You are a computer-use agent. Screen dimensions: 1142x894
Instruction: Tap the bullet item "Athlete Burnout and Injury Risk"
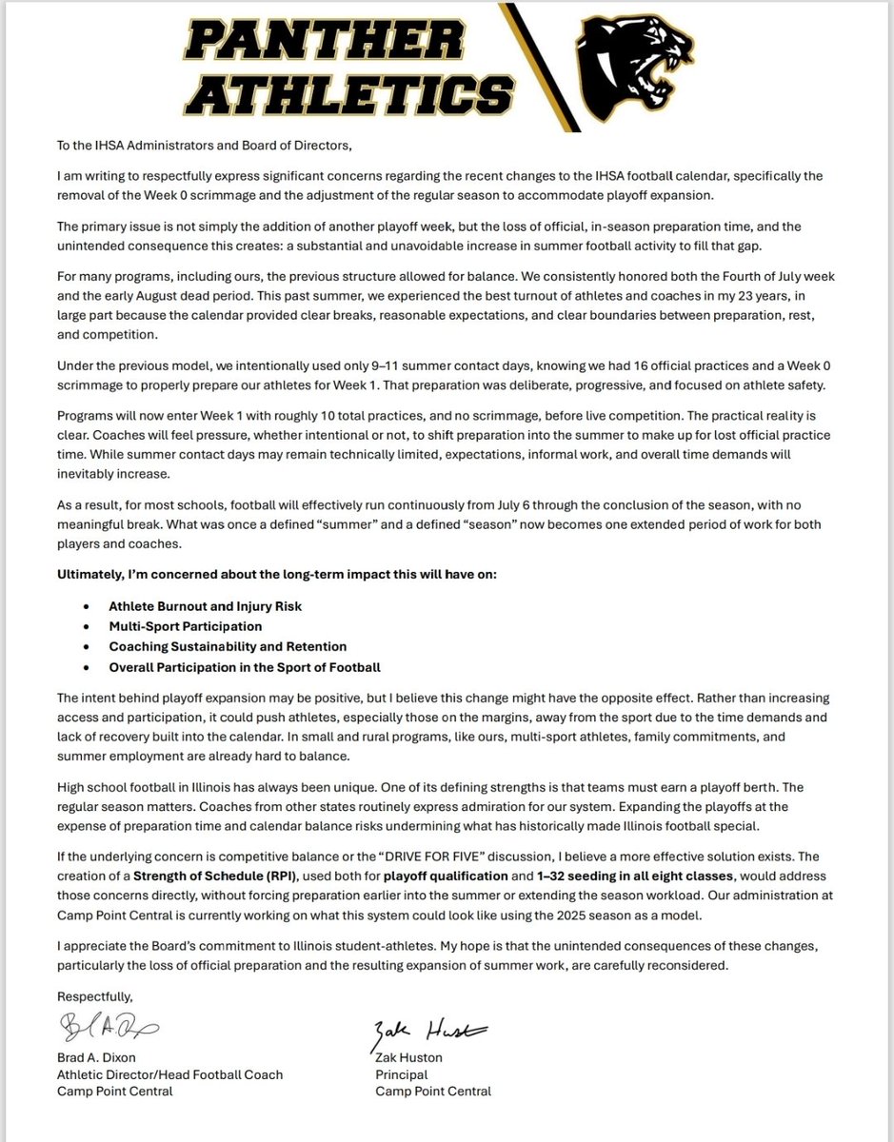coord(206,606)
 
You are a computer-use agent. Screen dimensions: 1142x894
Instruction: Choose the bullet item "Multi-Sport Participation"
coord(186,626)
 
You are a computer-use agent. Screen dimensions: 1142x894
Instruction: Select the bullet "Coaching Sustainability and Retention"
coord(228,646)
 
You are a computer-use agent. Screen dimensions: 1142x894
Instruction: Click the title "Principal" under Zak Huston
coord(402,1074)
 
